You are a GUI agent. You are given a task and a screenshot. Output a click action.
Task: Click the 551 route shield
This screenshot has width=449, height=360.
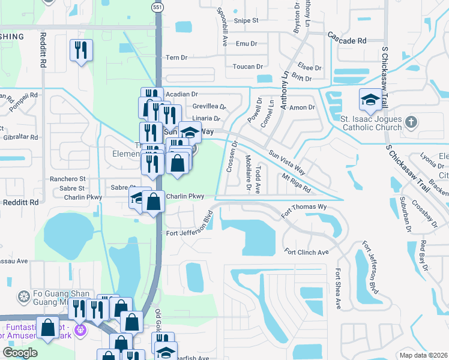[x=157, y=7]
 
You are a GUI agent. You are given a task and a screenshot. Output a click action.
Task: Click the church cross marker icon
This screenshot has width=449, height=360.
[x=411, y=122]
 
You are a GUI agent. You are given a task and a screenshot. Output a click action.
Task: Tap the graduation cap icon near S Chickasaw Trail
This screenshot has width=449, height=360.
[x=370, y=99]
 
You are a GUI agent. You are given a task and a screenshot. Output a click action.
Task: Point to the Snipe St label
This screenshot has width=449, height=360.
[x=246, y=20]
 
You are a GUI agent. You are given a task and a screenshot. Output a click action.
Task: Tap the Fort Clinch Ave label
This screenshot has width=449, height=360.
[x=306, y=252]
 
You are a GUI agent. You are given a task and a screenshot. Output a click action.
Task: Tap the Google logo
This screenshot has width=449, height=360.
[x=20, y=353]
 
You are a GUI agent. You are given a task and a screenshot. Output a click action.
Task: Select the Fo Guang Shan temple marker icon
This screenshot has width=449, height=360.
[x=23, y=297]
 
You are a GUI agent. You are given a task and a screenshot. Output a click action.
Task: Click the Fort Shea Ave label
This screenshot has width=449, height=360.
[x=338, y=289]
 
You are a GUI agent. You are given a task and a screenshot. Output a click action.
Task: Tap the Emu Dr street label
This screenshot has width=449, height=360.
[x=246, y=44]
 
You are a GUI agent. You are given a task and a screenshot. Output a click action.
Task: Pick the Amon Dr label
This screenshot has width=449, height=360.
[x=302, y=107]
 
